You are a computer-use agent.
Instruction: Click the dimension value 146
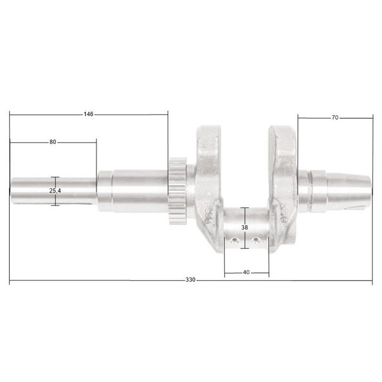[89, 114]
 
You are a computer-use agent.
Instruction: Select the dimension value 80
[53, 142]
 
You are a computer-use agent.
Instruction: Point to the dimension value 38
[244, 227]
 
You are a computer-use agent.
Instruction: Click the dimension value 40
[246, 272]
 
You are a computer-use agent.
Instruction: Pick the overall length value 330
[190, 280]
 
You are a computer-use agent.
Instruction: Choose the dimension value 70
[335, 118]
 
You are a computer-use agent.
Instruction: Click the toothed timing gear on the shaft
[178, 191]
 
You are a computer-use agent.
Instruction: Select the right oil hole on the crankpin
[256, 241]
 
